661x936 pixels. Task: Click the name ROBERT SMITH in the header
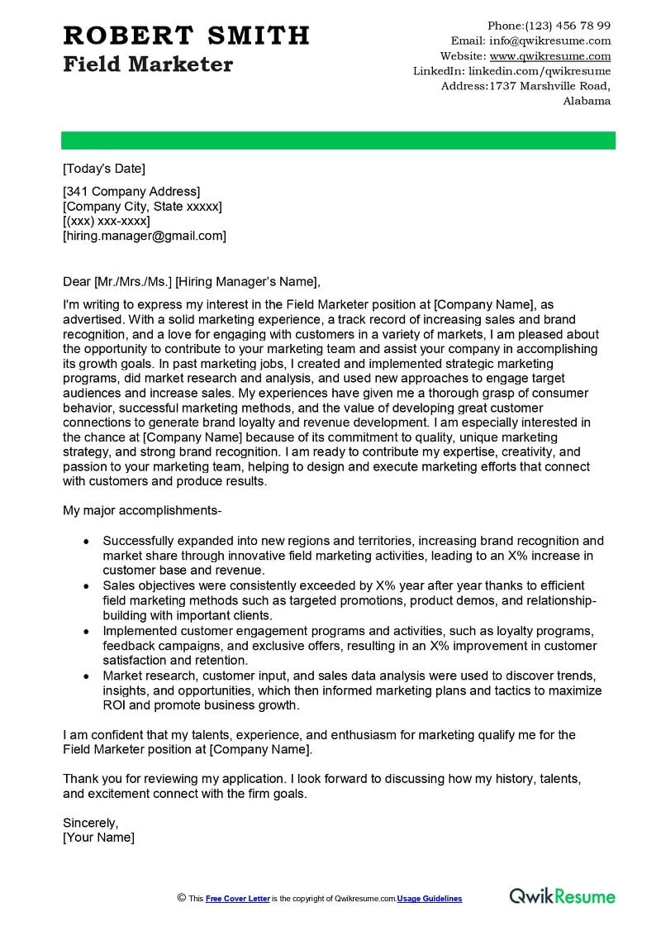(x=186, y=36)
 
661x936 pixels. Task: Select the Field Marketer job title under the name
(x=148, y=64)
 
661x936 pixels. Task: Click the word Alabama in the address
(x=587, y=101)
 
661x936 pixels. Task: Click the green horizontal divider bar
(x=339, y=141)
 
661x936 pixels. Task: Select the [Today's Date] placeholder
(x=104, y=169)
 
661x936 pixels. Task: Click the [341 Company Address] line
(x=131, y=192)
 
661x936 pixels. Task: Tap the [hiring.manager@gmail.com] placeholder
(x=145, y=236)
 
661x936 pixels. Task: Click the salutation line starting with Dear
(x=191, y=280)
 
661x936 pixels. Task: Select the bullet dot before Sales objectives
(x=86, y=585)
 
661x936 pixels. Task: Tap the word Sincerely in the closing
(x=91, y=823)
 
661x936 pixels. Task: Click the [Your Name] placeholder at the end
(x=98, y=838)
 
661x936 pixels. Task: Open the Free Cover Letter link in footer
(x=237, y=899)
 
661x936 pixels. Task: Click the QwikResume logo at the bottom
(x=562, y=896)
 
